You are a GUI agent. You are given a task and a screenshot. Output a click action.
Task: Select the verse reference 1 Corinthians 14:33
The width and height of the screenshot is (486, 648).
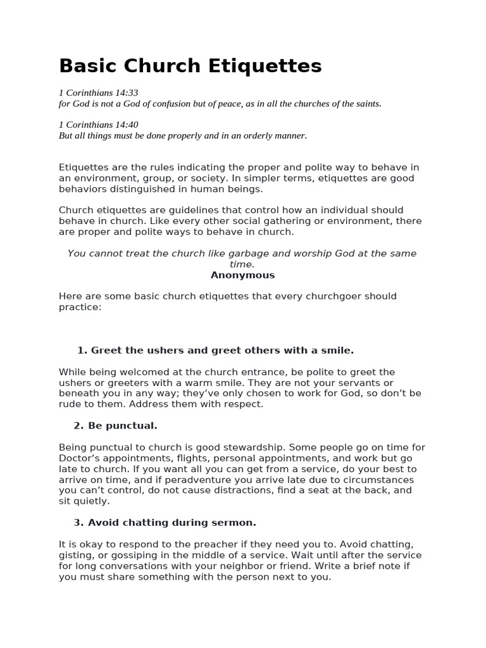tap(98, 93)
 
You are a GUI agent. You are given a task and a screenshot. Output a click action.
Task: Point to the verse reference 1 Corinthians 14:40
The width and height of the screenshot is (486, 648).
tap(98, 125)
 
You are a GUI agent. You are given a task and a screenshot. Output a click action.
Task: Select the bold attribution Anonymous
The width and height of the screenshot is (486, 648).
tap(242, 275)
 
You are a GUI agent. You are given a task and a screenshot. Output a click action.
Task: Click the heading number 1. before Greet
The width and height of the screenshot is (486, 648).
tap(82, 350)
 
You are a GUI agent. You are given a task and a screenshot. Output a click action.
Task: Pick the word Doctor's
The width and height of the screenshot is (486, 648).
tap(82, 458)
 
